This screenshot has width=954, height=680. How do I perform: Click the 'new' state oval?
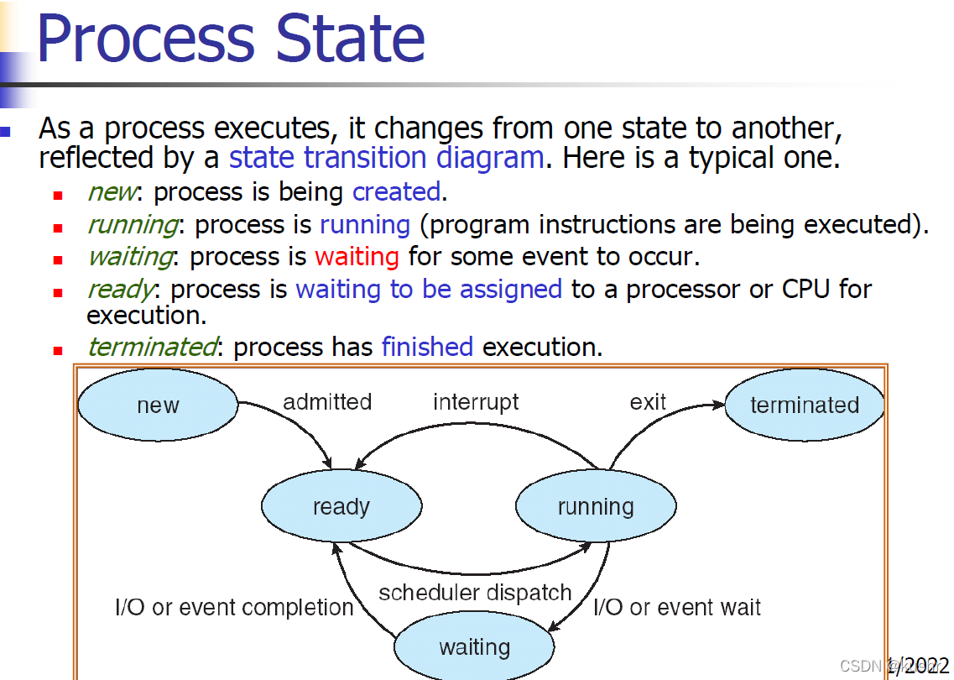(158, 405)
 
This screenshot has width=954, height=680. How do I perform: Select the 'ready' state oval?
(341, 506)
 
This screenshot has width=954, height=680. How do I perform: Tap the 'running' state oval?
(596, 506)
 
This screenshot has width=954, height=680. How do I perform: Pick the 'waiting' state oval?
(474, 647)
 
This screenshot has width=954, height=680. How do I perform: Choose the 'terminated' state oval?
(805, 405)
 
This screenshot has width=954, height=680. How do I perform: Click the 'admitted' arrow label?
(327, 402)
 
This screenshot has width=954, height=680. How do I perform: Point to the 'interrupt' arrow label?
(476, 402)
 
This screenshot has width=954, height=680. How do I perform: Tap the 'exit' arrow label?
(648, 402)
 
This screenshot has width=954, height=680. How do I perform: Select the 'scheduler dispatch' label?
(475, 593)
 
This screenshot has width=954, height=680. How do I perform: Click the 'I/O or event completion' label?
(234, 607)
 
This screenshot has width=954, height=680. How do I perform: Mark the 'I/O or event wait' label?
(677, 607)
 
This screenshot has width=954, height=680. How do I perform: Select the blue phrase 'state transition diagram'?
(387, 157)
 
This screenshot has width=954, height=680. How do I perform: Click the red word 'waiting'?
(357, 256)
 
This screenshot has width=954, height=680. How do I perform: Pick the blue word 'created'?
(396, 191)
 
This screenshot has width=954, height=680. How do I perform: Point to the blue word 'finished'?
(427, 346)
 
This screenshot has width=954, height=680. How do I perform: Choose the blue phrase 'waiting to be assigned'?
(429, 289)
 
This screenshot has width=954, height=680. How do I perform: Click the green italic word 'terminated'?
(151, 346)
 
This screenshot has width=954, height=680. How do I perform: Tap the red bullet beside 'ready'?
(58, 293)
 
